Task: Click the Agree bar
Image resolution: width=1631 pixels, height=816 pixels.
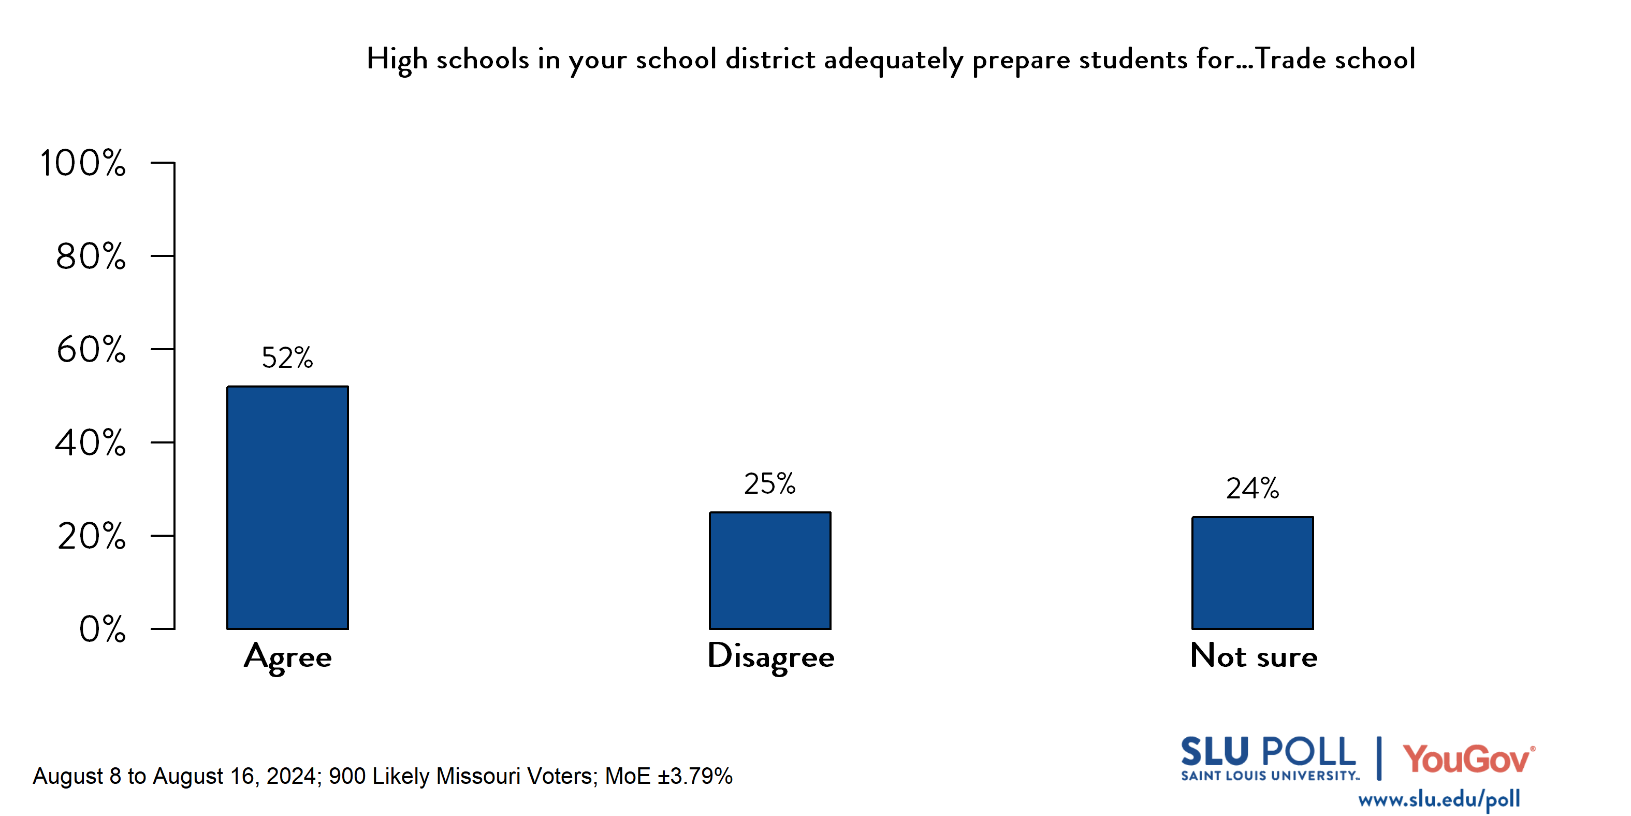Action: coord(287,507)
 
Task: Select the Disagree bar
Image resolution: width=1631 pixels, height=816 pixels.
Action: coord(770,570)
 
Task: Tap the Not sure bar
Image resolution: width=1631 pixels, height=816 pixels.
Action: coord(1253,572)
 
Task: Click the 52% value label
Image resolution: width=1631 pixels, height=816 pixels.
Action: coord(287,358)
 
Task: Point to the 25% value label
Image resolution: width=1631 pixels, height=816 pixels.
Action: coord(769,484)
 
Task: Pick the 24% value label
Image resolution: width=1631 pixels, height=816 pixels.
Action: coord(1253,489)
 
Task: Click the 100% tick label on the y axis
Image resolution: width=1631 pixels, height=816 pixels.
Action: coord(83,163)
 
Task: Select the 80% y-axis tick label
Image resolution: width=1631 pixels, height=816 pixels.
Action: coord(91,256)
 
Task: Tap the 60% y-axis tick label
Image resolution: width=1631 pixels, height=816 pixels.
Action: coord(91,350)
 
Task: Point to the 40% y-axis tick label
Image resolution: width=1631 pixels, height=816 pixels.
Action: coord(91,443)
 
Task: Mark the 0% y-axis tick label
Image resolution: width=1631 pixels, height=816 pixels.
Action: coord(102,629)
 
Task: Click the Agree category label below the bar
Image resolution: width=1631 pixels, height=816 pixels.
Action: coord(287,657)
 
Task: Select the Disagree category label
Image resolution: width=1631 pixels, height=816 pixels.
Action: coord(770,657)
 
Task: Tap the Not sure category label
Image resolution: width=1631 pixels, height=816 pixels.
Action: coord(1254,656)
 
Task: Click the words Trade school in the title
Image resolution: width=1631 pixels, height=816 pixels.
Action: coord(1335,60)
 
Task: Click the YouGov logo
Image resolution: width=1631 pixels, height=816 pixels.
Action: coord(1468,758)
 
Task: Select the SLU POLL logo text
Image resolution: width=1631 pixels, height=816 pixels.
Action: coord(1268,753)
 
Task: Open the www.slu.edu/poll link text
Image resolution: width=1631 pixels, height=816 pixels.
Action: coord(1438,799)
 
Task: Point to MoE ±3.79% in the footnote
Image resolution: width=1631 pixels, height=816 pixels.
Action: coord(668,776)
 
